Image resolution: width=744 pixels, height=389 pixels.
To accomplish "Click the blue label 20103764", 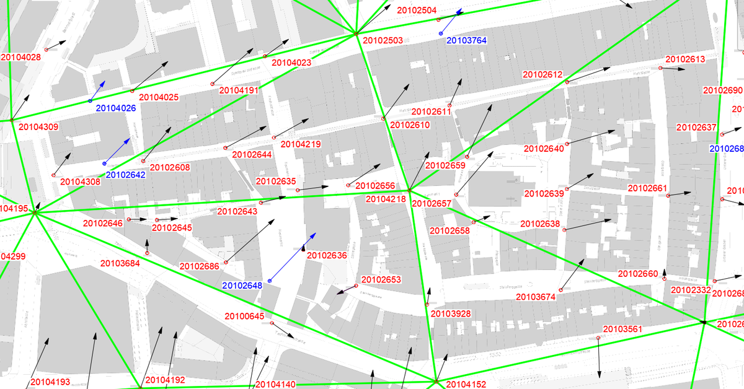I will tap(467, 40).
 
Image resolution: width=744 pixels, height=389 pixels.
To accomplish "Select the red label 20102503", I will tap(383, 40).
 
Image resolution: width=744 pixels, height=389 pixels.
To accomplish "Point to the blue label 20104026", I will tap(116, 108).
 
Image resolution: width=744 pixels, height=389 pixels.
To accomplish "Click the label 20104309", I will tap(38, 127).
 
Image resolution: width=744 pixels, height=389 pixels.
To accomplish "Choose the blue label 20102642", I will tap(126, 175).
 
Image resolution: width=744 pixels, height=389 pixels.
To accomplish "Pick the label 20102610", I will tap(410, 125).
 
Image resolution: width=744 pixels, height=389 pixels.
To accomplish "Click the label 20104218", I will tap(386, 199).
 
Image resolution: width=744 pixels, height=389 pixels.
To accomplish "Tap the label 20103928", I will tap(450, 314).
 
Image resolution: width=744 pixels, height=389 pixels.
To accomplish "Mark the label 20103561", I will tap(623, 328).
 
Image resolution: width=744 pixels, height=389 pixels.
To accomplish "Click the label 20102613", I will tap(685, 59).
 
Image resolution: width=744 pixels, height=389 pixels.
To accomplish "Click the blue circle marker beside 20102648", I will tap(270, 281).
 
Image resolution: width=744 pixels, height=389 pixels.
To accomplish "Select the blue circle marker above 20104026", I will tap(90, 100).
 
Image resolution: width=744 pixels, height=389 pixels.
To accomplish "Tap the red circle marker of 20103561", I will tap(598, 338).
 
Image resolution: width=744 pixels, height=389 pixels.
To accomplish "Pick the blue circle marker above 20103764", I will tap(441, 33).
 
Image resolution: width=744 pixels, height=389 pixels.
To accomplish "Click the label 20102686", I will tap(200, 266).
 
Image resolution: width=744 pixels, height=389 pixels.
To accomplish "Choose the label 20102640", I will tap(544, 149).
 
